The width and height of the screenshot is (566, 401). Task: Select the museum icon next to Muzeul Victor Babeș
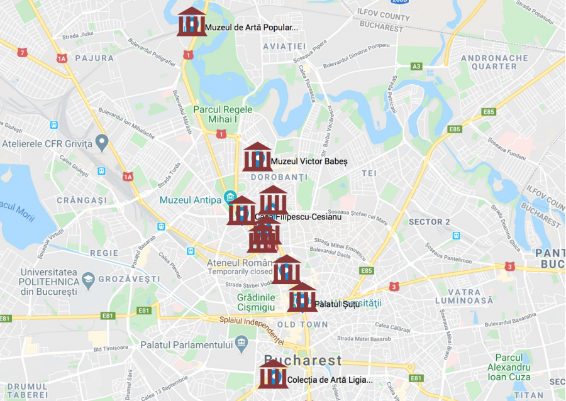[x=257, y=157]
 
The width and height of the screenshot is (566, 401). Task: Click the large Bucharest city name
[x=303, y=361]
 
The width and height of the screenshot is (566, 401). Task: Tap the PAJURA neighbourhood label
[x=94, y=58]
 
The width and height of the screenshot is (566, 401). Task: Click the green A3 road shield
[x=416, y=66]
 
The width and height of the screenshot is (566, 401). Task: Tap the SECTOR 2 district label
[x=430, y=222]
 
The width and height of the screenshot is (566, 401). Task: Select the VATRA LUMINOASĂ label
[x=464, y=297]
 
